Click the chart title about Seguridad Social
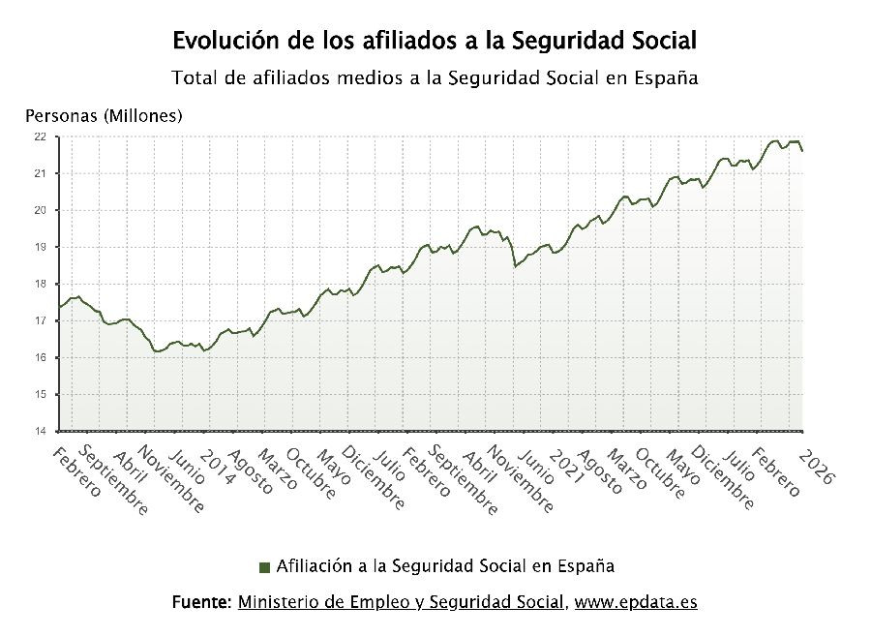point(435,41)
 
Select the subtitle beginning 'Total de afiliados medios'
point(435,77)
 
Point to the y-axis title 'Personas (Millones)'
point(104,116)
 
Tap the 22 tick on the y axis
point(40,136)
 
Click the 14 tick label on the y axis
point(40,431)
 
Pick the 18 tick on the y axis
point(40,284)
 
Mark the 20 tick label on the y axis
point(40,210)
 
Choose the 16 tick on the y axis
point(40,357)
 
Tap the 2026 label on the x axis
point(814,467)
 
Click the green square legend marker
point(264,566)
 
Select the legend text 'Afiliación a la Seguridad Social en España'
point(445,565)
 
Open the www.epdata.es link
point(635,602)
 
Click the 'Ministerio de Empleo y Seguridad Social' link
point(401,602)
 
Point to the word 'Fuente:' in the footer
point(201,602)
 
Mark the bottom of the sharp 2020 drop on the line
point(515,266)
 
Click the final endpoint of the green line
point(802,151)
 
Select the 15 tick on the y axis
point(40,394)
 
